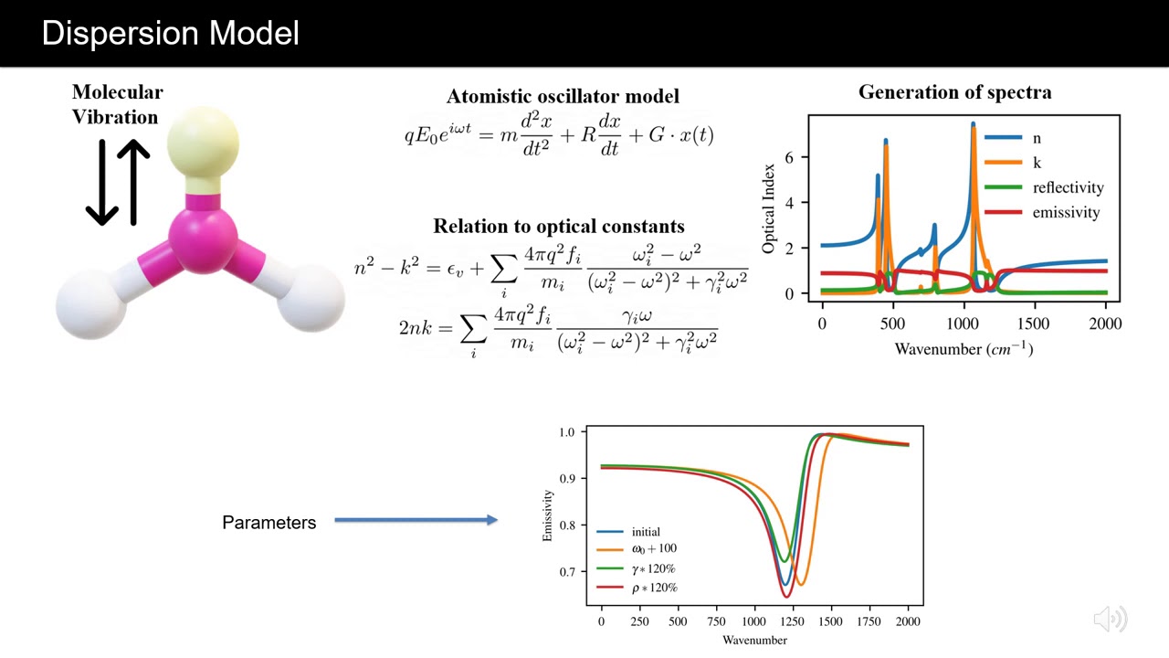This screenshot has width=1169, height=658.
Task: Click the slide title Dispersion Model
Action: (171, 34)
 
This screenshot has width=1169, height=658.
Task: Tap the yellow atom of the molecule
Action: (203, 143)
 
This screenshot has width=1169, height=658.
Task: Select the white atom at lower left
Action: (91, 303)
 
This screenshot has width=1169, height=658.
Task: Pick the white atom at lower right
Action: (310, 298)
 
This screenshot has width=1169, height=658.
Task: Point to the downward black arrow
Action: (101, 183)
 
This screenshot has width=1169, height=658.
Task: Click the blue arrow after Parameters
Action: (416, 520)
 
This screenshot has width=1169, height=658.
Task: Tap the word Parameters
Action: (269, 523)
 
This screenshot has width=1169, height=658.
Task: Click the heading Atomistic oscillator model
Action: (563, 96)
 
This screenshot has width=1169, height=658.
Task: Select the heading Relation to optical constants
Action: (558, 226)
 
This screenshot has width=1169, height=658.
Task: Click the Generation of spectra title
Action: (954, 92)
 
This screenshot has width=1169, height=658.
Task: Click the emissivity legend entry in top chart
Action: (1066, 212)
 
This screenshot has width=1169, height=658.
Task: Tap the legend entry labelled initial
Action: (645, 532)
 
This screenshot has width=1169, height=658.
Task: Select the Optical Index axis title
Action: (769, 209)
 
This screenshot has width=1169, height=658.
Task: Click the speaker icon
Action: (1110, 619)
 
